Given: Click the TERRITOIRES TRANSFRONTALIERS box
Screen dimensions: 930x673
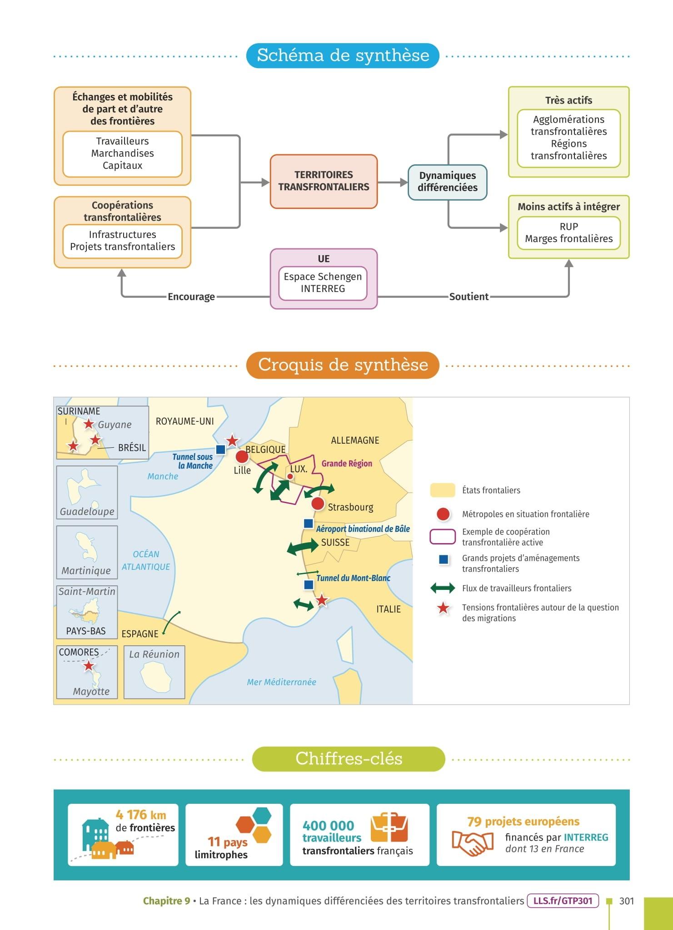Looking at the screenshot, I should (324, 181).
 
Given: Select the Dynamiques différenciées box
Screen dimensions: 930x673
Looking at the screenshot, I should (447, 182).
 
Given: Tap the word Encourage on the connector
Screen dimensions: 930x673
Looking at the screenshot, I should (191, 297).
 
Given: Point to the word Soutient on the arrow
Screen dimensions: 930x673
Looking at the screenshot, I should (469, 297).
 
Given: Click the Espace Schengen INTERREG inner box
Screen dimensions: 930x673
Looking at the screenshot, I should (323, 283).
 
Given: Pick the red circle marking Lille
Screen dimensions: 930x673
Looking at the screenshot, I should (242, 456).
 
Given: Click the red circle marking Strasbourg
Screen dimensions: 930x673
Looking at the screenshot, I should (318, 503).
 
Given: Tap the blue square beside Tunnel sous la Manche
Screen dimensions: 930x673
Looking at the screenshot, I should (221, 450).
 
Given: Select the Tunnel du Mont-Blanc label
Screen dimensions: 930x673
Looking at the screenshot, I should (353, 578).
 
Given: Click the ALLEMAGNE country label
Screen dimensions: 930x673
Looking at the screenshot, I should (355, 440).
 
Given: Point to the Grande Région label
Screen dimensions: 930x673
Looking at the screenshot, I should (347, 464).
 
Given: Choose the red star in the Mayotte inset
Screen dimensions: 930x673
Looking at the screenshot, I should (89, 666).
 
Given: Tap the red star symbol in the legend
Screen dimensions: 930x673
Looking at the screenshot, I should (443, 608).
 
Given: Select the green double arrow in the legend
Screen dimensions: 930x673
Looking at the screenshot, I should (443, 589).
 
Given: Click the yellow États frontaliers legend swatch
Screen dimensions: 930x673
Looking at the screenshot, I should (443, 490).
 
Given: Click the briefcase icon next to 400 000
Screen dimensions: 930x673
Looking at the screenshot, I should (389, 828).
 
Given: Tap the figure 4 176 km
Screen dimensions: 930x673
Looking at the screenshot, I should (141, 815).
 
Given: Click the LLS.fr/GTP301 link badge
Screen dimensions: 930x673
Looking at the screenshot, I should (563, 901).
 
